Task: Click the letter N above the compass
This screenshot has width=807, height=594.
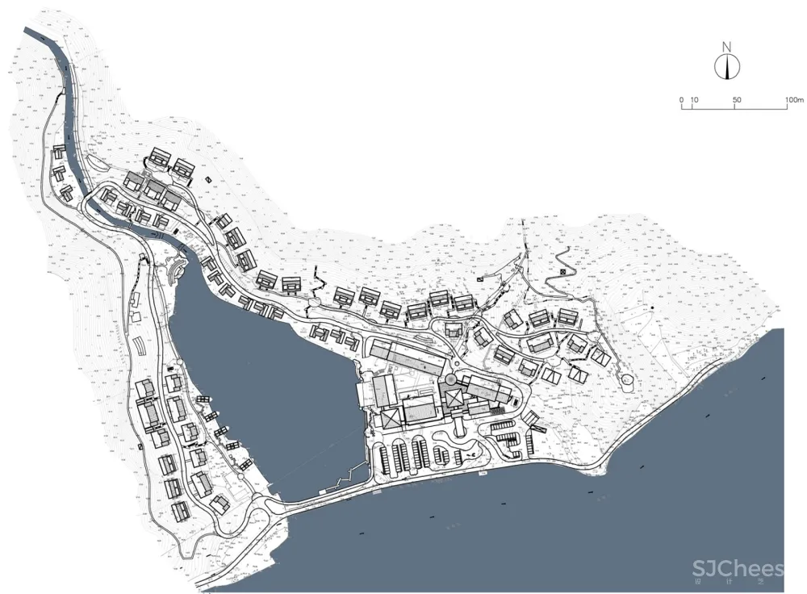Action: click(x=727, y=45)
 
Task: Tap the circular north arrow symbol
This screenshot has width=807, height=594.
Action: click(x=727, y=67)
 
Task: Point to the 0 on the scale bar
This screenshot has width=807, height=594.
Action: click(x=682, y=100)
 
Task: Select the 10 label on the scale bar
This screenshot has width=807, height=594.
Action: click(x=695, y=100)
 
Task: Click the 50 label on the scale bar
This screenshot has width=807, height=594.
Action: click(x=736, y=100)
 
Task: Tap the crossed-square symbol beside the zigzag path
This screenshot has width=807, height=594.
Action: click(x=562, y=272)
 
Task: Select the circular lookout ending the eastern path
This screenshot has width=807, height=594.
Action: click(x=627, y=379)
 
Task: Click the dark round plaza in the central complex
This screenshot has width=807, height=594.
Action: click(x=449, y=379)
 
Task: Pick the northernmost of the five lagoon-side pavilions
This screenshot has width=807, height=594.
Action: click(x=203, y=400)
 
